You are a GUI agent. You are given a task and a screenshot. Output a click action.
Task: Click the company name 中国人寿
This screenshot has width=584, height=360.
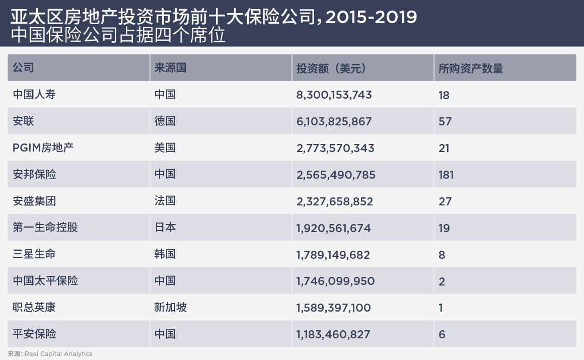(x=34, y=95)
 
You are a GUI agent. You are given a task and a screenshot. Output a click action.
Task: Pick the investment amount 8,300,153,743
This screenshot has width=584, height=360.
(x=334, y=95)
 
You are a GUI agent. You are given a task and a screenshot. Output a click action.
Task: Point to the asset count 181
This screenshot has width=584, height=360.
(x=446, y=175)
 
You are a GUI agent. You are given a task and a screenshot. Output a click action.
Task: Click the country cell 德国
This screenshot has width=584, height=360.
(x=165, y=121)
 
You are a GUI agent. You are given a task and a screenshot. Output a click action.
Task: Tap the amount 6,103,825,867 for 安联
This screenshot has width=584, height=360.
(x=334, y=121)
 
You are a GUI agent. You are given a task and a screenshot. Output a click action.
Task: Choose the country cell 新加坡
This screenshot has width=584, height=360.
(x=171, y=307)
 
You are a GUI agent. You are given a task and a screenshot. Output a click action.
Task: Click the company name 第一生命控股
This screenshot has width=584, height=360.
(x=45, y=228)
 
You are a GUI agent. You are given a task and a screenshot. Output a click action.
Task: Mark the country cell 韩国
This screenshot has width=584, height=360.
(x=165, y=254)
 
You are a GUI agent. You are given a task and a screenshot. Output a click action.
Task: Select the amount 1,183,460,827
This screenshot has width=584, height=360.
(x=333, y=334)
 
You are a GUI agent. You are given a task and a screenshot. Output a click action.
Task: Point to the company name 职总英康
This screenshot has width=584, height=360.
(x=34, y=307)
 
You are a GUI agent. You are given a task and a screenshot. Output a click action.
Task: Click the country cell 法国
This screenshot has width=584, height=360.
(x=165, y=201)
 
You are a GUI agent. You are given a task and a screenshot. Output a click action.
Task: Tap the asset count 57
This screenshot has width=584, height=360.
(x=445, y=121)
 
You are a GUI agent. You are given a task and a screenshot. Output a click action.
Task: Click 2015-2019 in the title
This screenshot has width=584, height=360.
(x=371, y=17)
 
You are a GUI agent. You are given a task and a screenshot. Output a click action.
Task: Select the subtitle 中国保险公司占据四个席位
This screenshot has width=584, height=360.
(x=118, y=36)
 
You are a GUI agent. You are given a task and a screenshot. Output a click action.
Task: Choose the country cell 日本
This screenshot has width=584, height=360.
(x=165, y=228)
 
